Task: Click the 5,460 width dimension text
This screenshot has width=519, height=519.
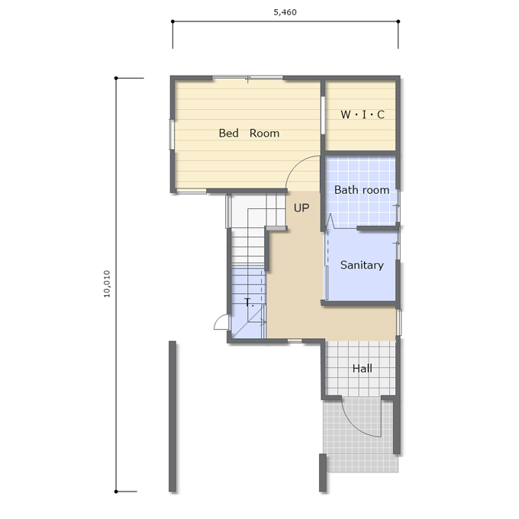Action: coord(285,12)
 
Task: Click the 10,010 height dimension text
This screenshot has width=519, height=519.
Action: coord(107,284)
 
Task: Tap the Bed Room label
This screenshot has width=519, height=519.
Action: coord(249,133)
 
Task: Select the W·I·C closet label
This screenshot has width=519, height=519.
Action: coord(363,114)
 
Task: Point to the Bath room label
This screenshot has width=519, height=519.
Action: coord(362,190)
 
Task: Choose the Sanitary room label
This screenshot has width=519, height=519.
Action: coord(362,265)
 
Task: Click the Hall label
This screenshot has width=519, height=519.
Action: coord(362,369)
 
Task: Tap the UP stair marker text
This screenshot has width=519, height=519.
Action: coord(301,208)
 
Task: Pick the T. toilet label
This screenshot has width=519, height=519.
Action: coord(249,302)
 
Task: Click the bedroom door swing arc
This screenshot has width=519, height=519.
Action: coord(295,165)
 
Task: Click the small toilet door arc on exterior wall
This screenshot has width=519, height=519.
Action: coord(218,320)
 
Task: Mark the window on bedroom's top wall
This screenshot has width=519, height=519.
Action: coord(247,78)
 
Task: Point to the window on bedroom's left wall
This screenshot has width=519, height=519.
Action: coord(172,134)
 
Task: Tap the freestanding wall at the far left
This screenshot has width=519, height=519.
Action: coord(172,416)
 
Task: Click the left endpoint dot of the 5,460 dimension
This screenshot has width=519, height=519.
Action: coord(172,21)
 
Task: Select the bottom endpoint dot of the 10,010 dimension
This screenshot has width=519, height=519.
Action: coord(116,492)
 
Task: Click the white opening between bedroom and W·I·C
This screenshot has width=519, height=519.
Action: coord(323,115)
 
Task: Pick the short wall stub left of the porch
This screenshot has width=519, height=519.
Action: coord(323,472)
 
